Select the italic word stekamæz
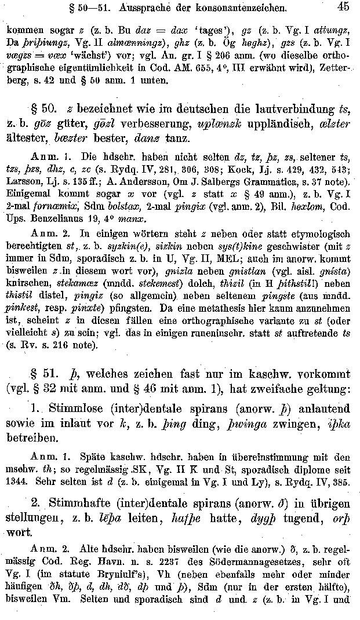click(76, 283)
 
